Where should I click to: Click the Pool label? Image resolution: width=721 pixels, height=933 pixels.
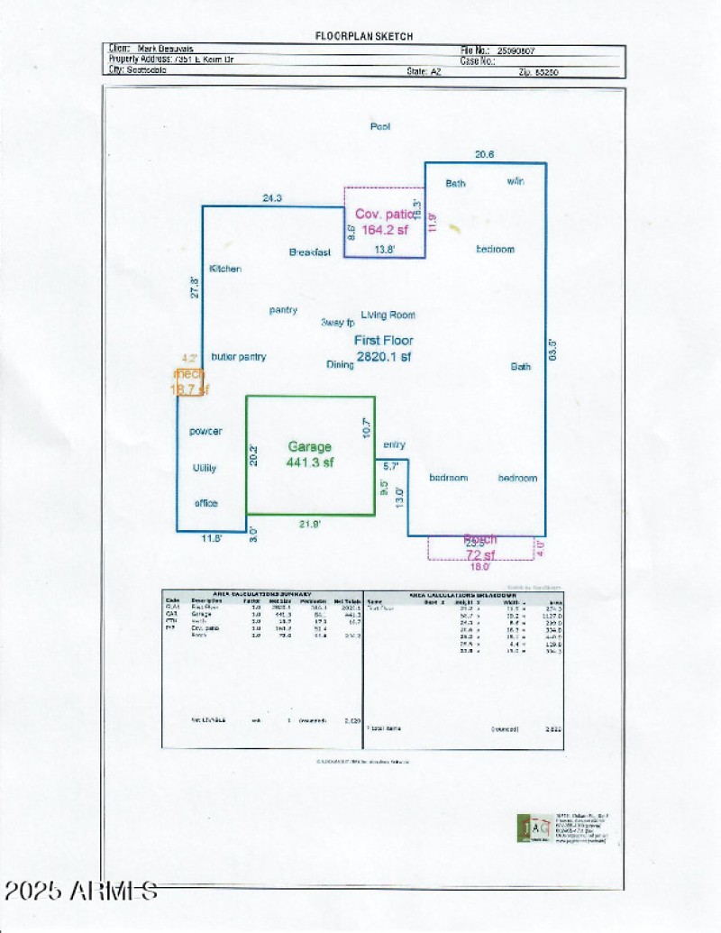[x=380, y=127]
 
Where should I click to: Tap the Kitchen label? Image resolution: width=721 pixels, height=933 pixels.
[x=225, y=269]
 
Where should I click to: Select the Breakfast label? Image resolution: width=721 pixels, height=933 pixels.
[x=310, y=252]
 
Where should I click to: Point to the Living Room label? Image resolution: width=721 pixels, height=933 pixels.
[x=388, y=315]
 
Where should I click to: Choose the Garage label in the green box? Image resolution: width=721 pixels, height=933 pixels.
[x=310, y=446]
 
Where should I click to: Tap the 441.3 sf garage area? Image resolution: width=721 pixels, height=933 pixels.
[x=310, y=462]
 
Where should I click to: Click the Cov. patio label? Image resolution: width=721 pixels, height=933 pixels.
[x=385, y=215]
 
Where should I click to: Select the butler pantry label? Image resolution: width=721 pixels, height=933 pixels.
[x=239, y=357]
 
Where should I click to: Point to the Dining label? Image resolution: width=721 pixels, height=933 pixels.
[x=340, y=365]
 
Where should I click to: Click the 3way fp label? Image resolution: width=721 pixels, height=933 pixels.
[x=337, y=323]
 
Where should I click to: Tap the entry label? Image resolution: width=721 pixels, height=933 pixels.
[x=394, y=445]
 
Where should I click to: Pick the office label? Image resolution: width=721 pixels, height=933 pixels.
[x=206, y=503]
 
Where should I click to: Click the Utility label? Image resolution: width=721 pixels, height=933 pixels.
[x=205, y=469]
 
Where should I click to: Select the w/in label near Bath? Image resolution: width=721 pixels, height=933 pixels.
[x=515, y=182]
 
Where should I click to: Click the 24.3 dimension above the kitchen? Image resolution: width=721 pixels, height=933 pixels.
[x=271, y=197]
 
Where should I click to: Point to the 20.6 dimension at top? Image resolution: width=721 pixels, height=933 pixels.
[x=485, y=154]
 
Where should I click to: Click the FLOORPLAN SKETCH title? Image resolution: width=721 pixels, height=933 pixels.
[x=364, y=36]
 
